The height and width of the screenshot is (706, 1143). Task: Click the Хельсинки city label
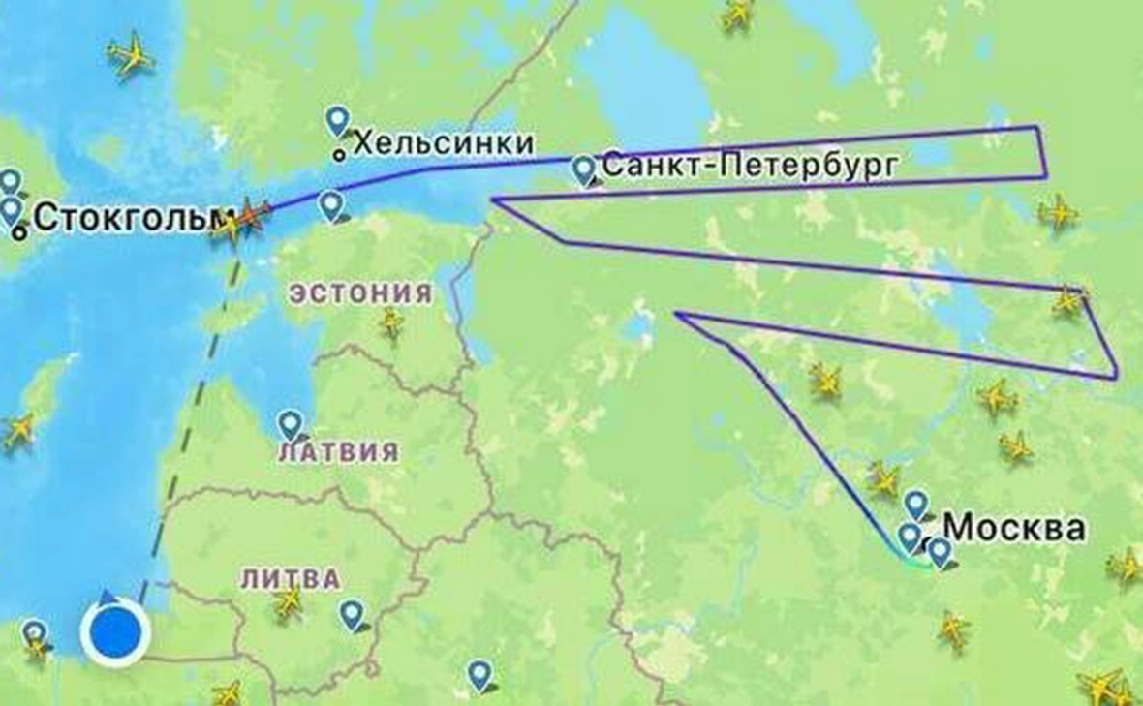pyautogui.click(x=444, y=143)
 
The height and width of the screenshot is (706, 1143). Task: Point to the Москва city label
pyautogui.click(x=1014, y=528)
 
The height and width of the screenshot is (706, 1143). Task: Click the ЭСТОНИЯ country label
pyautogui.click(x=361, y=293)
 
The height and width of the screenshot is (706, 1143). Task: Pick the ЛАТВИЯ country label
pyautogui.click(x=338, y=451)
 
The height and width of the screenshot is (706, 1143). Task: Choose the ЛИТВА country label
pyautogui.click(x=291, y=579)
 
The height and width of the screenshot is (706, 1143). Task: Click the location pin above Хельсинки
pyautogui.click(x=337, y=120)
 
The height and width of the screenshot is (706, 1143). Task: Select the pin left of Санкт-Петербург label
pyautogui.click(x=583, y=169)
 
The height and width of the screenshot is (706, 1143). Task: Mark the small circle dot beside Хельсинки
pyautogui.click(x=338, y=154)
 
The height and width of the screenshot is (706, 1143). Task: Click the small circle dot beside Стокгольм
pyautogui.click(x=20, y=233)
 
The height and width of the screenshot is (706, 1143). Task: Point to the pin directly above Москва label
pyautogui.click(x=916, y=504)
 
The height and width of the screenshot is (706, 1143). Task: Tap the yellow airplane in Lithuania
pyautogui.click(x=288, y=602)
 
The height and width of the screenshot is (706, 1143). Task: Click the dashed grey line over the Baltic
pyautogui.click(x=194, y=407)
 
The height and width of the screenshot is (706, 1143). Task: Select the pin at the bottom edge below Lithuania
pyautogui.click(x=479, y=674)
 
